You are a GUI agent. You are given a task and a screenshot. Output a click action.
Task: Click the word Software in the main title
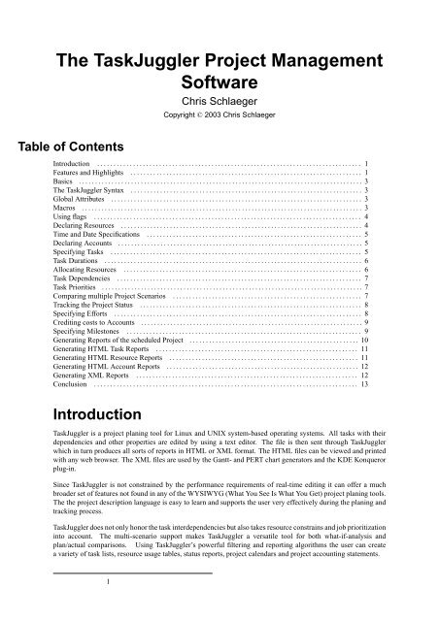tap(219, 78)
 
